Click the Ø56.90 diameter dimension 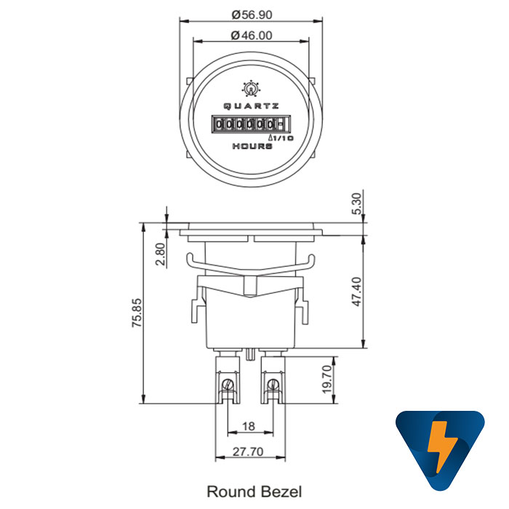pyautogui.click(x=252, y=14)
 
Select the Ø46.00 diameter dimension pyautogui.click(x=252, y=35)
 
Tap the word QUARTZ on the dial pyautogui.click(x=251, y=106)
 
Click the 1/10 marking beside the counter pyautogui.click(x=281, y=137)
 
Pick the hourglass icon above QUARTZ pyautogui.click(x=251, y=89)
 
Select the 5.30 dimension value pyautogui.click(x=356, y=204)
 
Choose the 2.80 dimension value pyautogui.click(x=161, y=254)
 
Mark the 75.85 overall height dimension pyautogui.click(x=137, y=313)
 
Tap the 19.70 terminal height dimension pyautogui.click(x=326, y=380)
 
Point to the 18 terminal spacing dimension pyautogui.click(x=248, y=425)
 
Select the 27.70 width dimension pyautogui.click(x=248, y=452)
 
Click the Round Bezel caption pyautogui.click(x=254, y=492)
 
